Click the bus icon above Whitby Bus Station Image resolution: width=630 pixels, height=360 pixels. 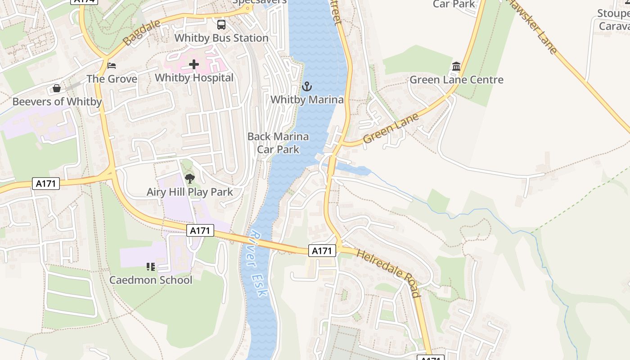[x=221, y=25]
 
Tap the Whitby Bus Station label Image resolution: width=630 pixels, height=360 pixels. [x=221, y=38]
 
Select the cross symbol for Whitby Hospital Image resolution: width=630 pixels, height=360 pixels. [x=194, y=65]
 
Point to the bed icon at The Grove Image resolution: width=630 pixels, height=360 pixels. [x=112, y=66]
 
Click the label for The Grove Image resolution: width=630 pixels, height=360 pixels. [x=112, y=79]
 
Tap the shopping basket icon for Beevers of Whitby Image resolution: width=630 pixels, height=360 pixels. [x=57, y=88]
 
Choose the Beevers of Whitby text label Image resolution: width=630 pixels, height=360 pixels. [x=57, y=102]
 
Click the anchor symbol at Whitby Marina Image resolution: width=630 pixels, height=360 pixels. [x=307, y=86]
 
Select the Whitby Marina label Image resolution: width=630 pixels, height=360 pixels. [x=307, y=99]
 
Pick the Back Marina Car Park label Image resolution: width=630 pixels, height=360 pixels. [x=278, y=143]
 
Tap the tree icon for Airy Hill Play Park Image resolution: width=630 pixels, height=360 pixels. [x=190, y=179]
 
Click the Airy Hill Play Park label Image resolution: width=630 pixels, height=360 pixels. [x=190, y=192]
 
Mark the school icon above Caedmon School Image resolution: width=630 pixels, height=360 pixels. [x=151, y=267]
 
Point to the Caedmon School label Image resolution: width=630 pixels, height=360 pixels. [x=151, y=280]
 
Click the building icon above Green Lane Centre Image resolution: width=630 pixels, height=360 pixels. [x=456, y=67]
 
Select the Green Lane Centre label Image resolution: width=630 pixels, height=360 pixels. [x=456, y=80]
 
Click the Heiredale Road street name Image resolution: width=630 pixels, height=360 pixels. [x=388, y=273]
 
